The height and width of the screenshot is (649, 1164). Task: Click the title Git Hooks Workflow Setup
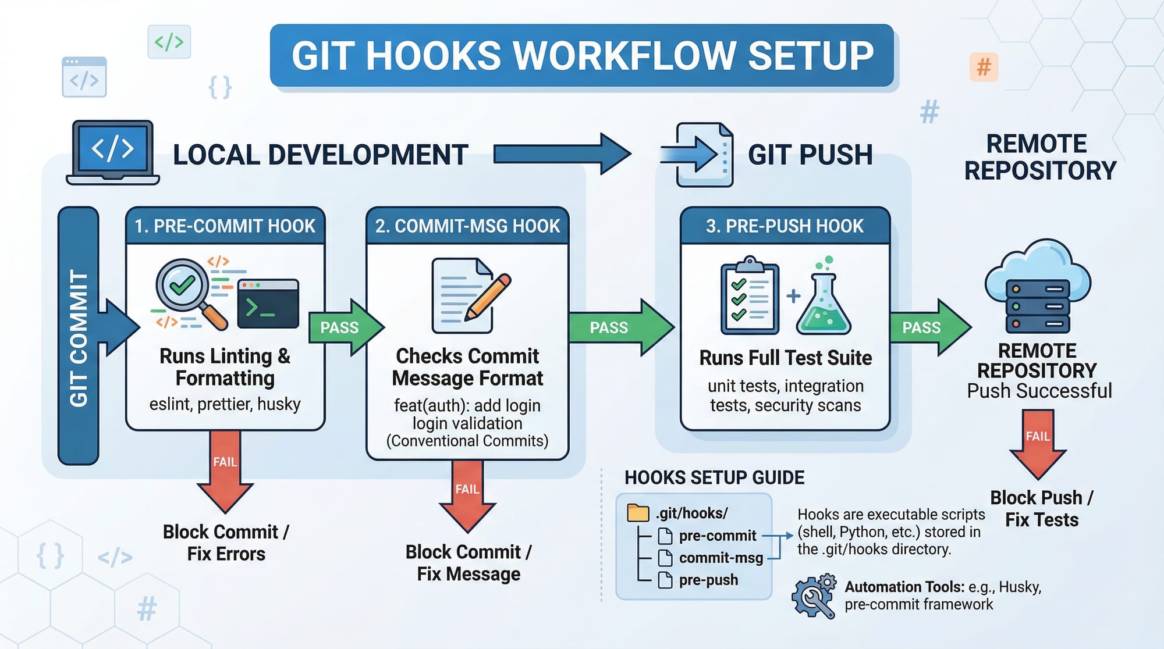coord(582,56)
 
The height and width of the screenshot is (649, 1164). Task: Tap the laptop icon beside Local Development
coord(113,152)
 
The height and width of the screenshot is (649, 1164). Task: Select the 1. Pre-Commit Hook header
coord(225,226)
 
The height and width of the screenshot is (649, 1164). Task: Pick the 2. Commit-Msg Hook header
coord(467,226)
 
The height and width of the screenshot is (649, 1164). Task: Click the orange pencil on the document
coord(488,297)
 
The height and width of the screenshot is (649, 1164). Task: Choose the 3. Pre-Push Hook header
coord(785,226)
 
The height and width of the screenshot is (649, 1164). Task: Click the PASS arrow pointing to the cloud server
coord(929,327)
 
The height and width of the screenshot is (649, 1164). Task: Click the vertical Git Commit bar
coord(78,336)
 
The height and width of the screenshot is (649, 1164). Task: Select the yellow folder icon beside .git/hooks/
coord(638,513)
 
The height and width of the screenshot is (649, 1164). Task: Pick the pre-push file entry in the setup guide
coord(708,580)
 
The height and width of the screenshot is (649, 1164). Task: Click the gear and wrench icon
coord(814,596)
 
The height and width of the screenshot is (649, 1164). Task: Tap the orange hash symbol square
coord(984,67)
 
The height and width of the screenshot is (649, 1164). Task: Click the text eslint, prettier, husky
coord(225,404)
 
